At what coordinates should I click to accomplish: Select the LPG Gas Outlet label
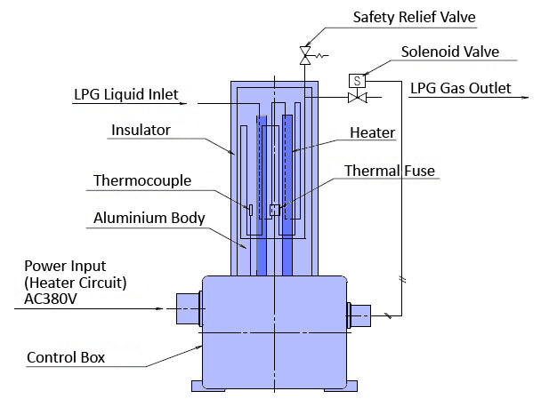[x=460, y=89]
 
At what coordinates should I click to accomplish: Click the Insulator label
[x=141, y=131]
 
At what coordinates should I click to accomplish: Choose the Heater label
[x=373, y=132]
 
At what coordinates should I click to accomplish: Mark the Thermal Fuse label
[x=390, y=171]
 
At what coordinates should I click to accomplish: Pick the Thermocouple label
[x=141, y=181]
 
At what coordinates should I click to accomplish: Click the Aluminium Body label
[x=149, y=218]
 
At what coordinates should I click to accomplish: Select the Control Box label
[x=68, y=359]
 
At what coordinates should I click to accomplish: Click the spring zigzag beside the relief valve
[x=321, y=59]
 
